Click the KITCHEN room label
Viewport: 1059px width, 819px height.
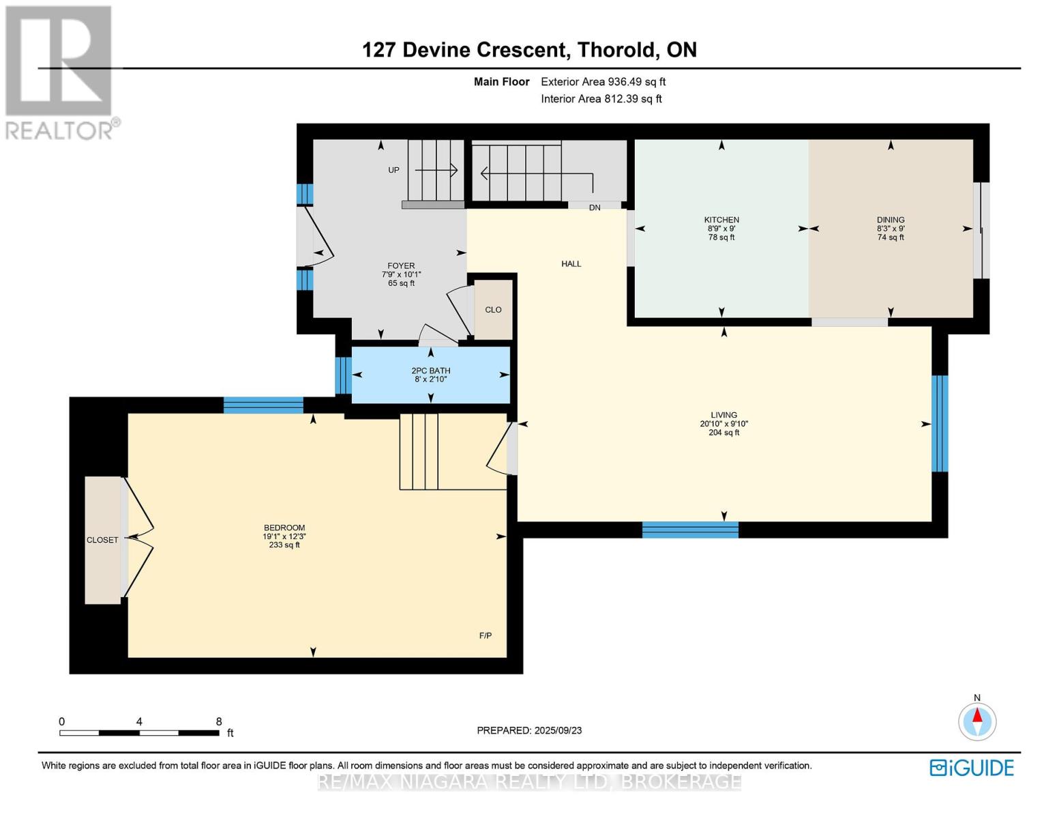[721, 220]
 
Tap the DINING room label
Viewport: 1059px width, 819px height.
[891, 220]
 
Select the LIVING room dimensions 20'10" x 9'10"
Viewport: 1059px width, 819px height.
[724, 424]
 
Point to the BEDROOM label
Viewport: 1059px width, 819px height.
[284, 528]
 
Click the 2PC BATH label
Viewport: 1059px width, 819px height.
[430, 371]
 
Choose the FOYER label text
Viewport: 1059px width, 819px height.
[401, 266]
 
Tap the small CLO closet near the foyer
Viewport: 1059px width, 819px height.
[493, 310]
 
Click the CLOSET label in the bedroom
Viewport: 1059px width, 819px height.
[102, 540]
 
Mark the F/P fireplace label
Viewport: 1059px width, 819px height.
[486, 635]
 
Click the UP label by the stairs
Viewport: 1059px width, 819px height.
[393, 170]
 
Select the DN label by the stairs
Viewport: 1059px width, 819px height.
[595, 207]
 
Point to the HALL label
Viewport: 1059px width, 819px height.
[571, 263]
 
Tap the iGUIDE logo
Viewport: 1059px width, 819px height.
[972, 768]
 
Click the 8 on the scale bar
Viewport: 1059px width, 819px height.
[219, 721]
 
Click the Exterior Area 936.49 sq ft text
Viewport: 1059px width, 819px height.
[603, 82]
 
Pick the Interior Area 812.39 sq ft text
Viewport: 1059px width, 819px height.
[601, 99]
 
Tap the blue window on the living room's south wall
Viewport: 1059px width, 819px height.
[690, 530]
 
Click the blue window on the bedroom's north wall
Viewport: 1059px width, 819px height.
[263, 405]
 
